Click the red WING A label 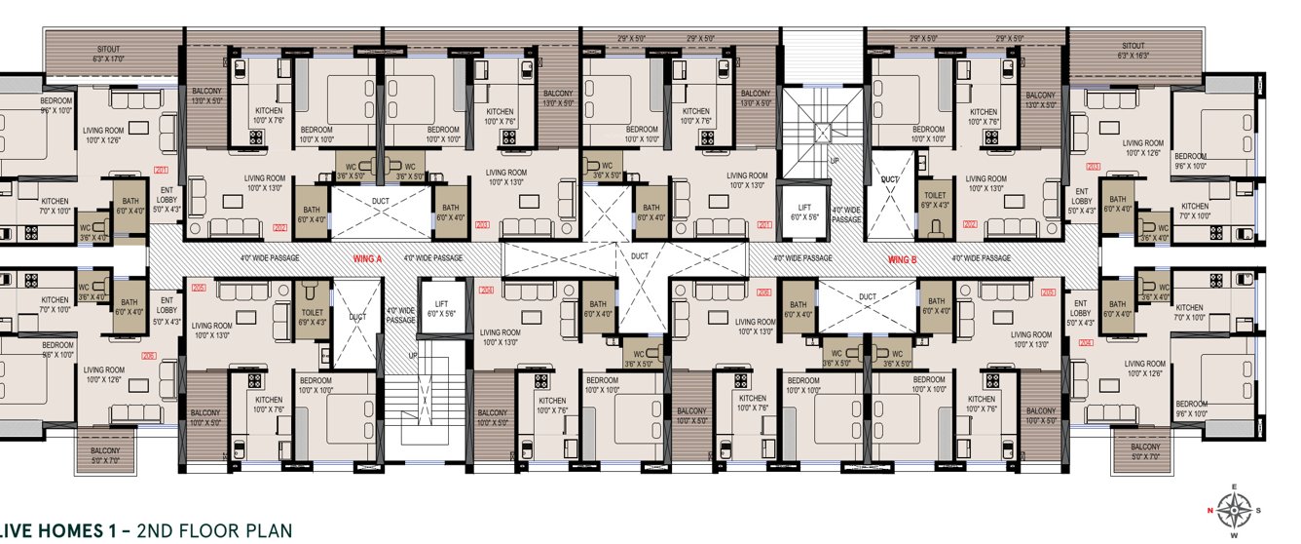click(x=367, y=258)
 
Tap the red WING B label click(x=903, y=258)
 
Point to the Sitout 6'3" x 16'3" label click(x=1134, y=51)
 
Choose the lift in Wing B click(x=803, y=211)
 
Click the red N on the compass click(x=1210, y=510)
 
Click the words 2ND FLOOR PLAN click(x=214, y=530)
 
